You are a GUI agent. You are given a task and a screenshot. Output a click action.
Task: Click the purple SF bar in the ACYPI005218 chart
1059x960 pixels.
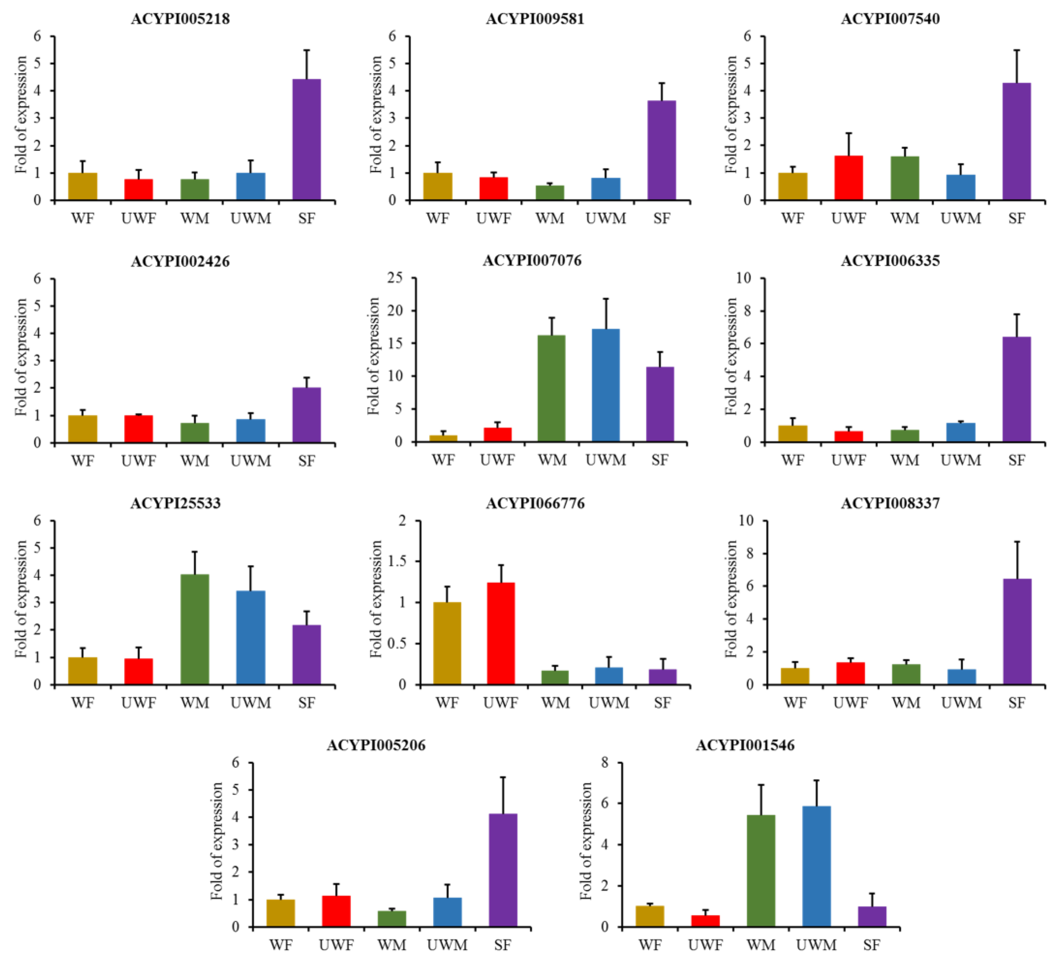[x=306, y=139]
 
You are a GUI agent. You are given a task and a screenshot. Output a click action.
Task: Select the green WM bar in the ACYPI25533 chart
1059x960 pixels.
[x=195, y=630]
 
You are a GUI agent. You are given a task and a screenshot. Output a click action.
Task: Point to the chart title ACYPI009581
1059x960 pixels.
[x=535, y=19]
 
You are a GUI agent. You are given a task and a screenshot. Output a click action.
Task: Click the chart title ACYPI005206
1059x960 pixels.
[x=376, y=745]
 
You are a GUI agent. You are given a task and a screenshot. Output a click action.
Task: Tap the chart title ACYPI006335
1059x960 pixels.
[x=890, y=261]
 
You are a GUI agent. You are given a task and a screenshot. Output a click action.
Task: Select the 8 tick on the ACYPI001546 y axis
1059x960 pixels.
[x=604, y=763]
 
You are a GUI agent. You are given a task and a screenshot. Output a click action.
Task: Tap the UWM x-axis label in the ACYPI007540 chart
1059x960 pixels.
[x=961, y=218]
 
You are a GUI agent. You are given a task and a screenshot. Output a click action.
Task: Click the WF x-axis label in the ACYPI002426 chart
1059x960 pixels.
[x=83, y=461]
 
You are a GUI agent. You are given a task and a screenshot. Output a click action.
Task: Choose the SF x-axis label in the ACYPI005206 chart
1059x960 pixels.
[x=503, y=945]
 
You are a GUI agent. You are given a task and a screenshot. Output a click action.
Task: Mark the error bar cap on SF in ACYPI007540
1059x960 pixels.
[x=1017, y=50]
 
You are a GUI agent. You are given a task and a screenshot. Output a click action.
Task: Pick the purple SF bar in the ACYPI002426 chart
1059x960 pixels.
[x=306, y=415]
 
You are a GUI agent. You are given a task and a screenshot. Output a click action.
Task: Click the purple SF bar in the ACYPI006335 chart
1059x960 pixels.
[x=1017, y=389]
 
